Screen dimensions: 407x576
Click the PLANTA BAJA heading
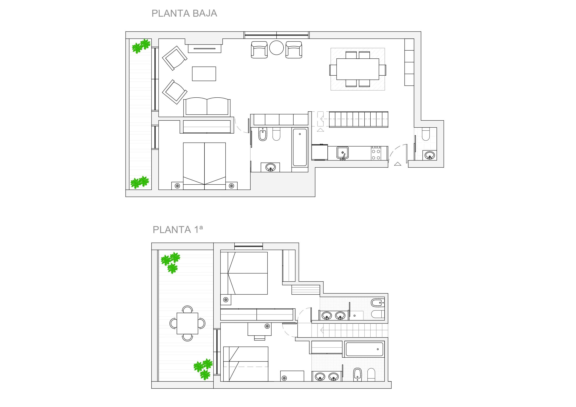point(184,13)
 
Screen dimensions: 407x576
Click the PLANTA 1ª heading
point(177,229)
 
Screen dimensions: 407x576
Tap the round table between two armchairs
point(276,48)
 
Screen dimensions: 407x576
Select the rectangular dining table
point(357,69)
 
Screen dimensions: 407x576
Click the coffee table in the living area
point(204,74)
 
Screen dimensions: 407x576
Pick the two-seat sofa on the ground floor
point(207,107)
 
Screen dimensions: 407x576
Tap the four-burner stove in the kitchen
point(376,153)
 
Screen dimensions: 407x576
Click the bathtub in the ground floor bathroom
point(300,147)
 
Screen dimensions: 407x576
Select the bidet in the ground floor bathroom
point(263,135)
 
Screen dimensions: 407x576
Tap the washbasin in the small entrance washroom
point(430,155)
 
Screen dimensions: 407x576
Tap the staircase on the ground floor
point(358,119)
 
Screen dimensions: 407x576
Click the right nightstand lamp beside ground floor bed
point(231,186)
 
